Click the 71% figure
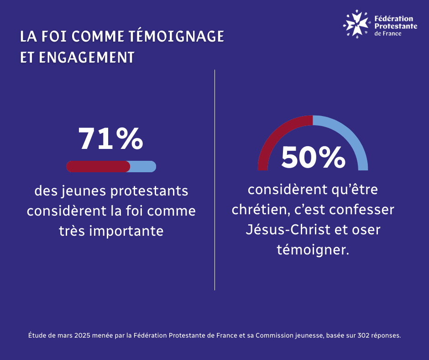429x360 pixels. tap(111, 139)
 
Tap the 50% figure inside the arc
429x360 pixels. tap(313, 157)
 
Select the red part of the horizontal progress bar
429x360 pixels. tap(98, 167)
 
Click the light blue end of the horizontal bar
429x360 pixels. tap(143, 167)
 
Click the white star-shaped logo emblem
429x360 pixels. tap(356, 23)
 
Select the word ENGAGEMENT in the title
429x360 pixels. tap(87, 58)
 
